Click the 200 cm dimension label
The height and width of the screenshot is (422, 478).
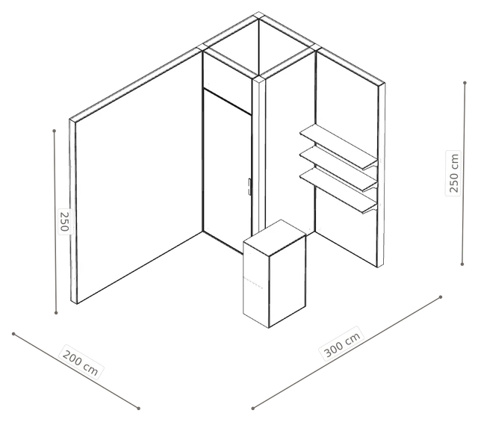click(x=80, y=362)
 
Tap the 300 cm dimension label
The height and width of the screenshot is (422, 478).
click(x=342, y=344)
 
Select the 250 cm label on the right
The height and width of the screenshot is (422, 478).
click(x=453, y=173)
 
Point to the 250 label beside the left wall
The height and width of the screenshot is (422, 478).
click(x=65, y=222)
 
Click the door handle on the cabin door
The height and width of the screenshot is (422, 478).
click(x=249, y=187)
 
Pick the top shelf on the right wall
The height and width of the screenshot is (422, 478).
click(x=338, y=146)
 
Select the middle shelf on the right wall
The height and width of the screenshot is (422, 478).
click(x=338, y=168)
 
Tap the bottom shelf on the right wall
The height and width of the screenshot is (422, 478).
click(x=338, y=191)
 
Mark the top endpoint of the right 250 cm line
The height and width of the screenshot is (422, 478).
click(x=465, y=83)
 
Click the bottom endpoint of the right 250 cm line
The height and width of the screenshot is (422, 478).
click(x=462, y=264)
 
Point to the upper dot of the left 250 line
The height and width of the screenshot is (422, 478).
click(x=55, y=131)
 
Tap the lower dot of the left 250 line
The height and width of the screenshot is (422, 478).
click(x=56, y=312)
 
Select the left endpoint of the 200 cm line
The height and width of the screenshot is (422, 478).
click(x=13, y=334)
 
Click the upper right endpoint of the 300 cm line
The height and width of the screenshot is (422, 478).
click(x=441, y=297)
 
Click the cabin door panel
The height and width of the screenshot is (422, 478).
click(x=227, y=171)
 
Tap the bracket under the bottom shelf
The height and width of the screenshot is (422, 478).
click(x=370, y=209)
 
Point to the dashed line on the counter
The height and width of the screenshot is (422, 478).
click(x=253, y=283)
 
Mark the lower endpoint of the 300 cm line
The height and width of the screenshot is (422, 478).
click(x=252, y=409)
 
